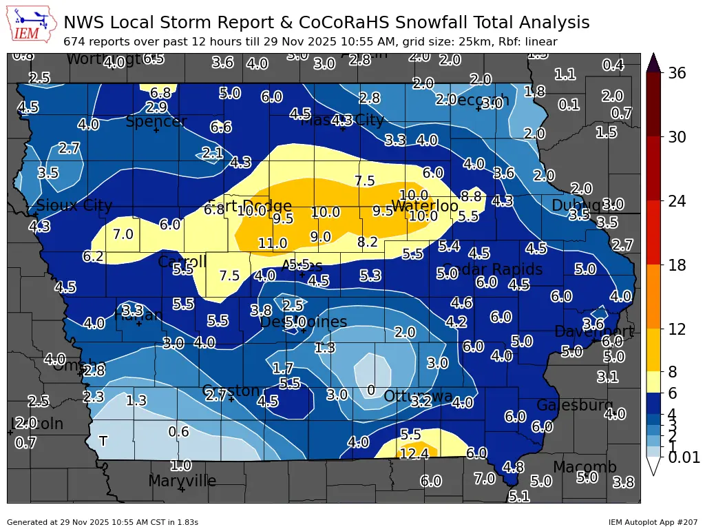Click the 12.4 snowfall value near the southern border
pos(414,453)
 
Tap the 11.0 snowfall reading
pos(273,243)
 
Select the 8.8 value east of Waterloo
pos(471,196)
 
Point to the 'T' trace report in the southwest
pos(103,441)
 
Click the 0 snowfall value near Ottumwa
pos(371,391)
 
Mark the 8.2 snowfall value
pos(368,242)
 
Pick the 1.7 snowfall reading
pos(283,369)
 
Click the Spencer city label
pos(156,122)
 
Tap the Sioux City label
pos(74,205)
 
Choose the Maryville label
pos(182,481)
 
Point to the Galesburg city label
pos(575,405)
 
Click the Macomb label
pos(585,467)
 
